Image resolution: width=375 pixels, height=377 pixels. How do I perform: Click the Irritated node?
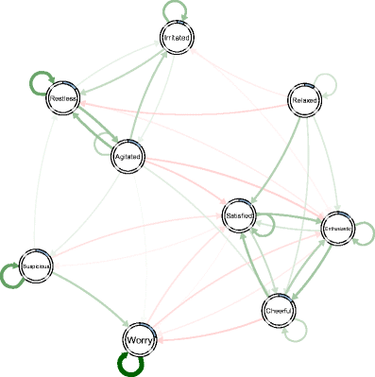(175, 37)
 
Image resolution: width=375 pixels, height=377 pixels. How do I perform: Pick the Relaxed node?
(303, 100)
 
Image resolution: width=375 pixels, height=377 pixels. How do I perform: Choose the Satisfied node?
(239, 216)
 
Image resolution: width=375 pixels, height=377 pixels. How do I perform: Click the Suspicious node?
(35, 267)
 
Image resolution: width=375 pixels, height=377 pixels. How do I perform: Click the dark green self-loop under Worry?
(128, 367)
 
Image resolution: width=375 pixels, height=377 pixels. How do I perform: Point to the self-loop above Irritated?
(175, 9)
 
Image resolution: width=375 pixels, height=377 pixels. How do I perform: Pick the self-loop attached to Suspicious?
(12, 277)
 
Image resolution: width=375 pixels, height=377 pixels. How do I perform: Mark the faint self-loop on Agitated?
(102, 145)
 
